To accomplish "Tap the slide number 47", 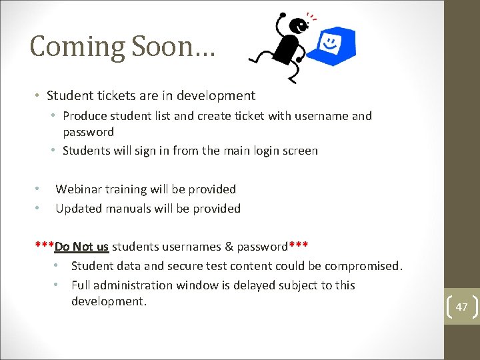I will tap(461, 307).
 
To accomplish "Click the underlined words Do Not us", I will tap(81, 247).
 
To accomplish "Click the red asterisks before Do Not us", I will tap(44, 245).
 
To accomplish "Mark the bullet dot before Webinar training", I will tap(38, 189).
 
